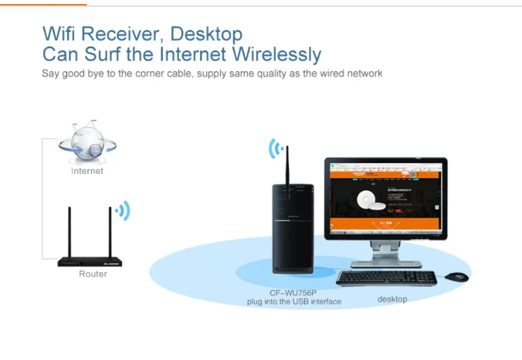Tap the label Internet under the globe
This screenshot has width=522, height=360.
point(88,171)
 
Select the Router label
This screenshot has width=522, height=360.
point(93,274)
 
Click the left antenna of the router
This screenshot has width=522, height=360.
point(69,231)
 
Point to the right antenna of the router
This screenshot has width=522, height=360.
point(109,231)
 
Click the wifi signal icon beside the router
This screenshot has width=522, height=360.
point(123,211)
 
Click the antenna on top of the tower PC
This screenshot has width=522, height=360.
point(287,170)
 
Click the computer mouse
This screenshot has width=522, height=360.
point(457,276)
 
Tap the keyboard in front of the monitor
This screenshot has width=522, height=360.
point(386,278)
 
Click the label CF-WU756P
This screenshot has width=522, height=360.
point(293,293)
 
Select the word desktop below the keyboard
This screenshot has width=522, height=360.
point(392,299)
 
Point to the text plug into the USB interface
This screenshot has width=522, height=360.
point(294,301)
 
